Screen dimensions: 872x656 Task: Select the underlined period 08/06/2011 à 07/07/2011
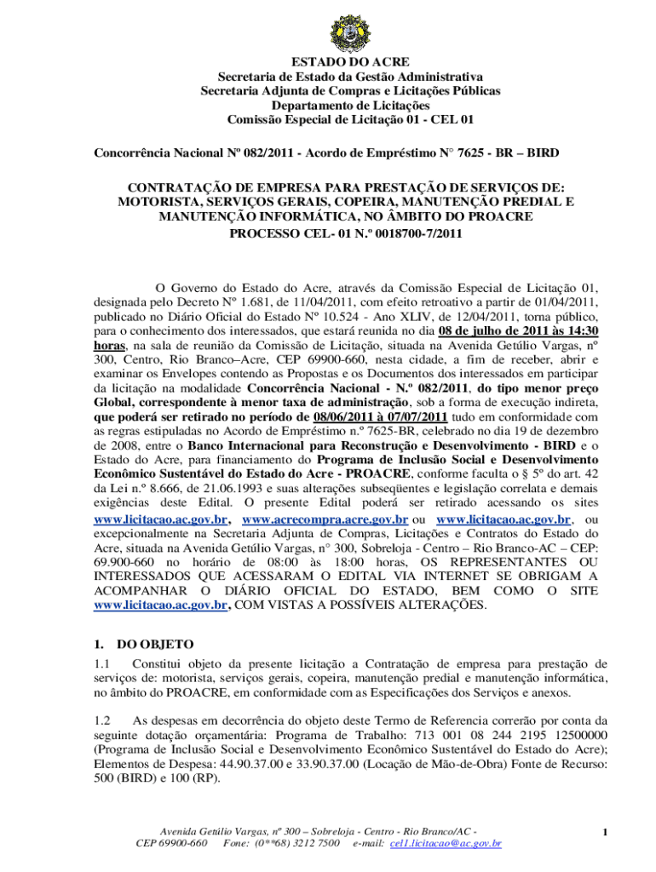point(380,417)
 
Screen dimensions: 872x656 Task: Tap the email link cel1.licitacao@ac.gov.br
point(445,843)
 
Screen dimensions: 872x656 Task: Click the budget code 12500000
point(570,734)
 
